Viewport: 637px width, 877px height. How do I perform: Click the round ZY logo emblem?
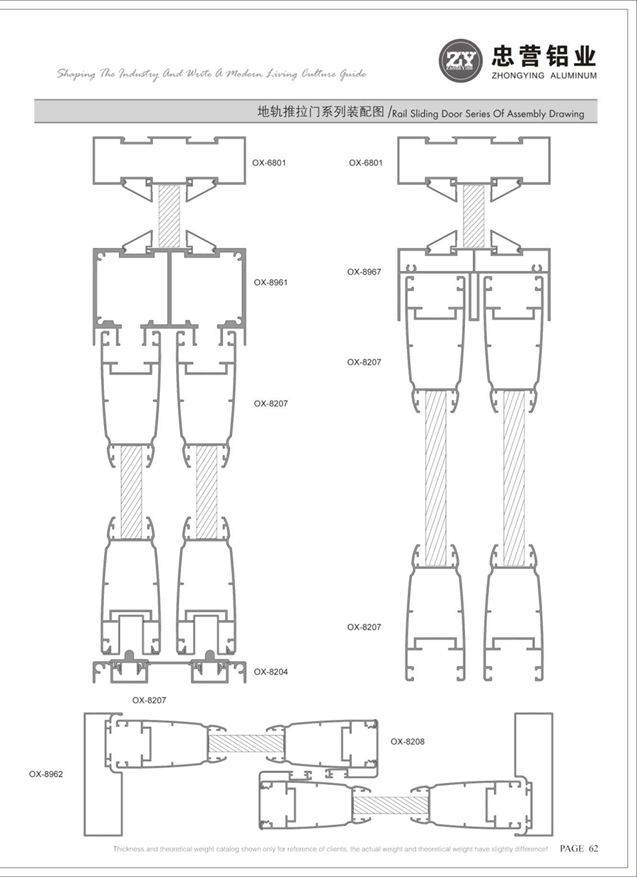point(461,60)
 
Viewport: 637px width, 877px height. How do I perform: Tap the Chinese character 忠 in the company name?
point(505,56)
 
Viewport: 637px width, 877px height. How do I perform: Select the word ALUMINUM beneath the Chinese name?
point(573,76)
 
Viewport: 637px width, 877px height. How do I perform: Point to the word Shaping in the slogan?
point(76,74)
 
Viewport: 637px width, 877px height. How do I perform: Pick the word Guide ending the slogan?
point(352,74)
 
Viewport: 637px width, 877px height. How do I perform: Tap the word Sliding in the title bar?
point(425,114)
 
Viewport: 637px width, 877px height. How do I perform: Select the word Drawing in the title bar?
point(566,115)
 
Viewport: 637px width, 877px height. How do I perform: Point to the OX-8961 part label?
point(270,282)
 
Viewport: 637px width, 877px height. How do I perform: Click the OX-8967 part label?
point(364,272)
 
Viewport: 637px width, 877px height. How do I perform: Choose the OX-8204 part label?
point(270,672)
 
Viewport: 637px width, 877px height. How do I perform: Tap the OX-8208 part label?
point(407,742)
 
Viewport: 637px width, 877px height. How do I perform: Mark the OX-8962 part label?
point(46,774)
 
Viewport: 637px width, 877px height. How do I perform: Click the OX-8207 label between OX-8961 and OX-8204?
point(270,403)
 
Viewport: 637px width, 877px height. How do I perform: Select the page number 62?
point(594,849)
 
